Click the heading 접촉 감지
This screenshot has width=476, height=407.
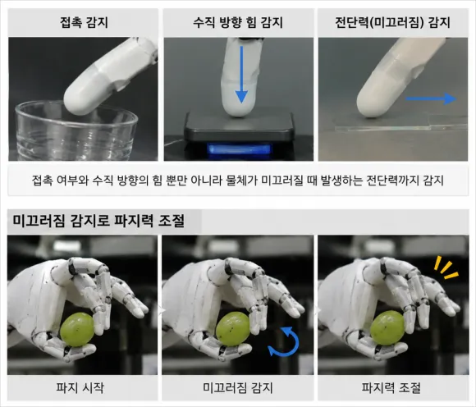84,23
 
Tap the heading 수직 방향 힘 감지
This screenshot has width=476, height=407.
238,23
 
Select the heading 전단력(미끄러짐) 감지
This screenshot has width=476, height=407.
392,23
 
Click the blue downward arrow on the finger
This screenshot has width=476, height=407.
241,75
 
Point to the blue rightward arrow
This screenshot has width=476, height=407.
431,98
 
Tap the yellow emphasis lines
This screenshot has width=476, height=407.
446,267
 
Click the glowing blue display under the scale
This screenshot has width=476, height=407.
239,149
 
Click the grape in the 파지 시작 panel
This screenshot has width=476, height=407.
77,330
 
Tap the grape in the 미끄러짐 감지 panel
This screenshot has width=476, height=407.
232,329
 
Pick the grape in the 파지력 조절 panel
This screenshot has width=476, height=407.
387,327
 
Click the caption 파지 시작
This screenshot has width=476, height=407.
80,387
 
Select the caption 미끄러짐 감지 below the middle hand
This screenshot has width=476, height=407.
238,387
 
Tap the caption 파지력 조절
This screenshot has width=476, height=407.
391,387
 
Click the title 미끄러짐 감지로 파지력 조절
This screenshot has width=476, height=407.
98,221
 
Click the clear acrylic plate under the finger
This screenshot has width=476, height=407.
400,127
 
